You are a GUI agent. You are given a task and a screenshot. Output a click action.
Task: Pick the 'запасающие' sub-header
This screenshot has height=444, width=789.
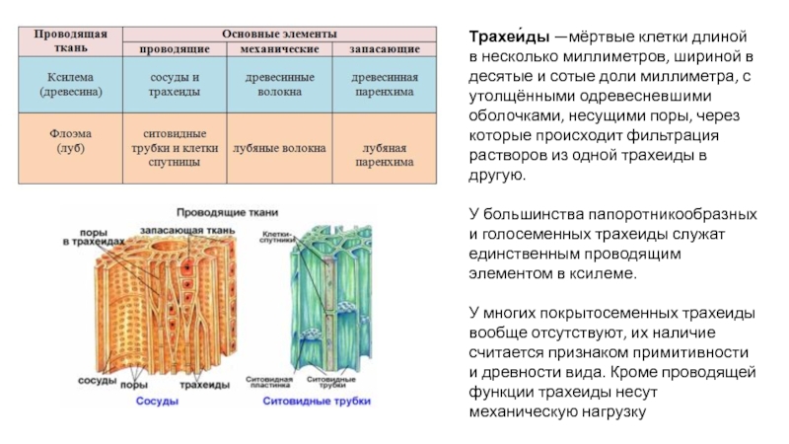pyautogui.click(x=385, y=48)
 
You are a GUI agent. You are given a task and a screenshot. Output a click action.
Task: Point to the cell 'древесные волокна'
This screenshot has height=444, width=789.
pyautogui.click(x=279, y=84)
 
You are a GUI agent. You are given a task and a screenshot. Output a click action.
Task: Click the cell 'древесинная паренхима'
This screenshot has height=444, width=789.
pyautogui.click(x=385, y=84)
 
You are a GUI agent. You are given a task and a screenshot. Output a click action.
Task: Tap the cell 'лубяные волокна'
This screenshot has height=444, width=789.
pyautogui.click(x=279, y=148)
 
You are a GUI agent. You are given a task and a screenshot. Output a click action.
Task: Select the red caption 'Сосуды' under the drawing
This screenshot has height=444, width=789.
pyautogui.click(x=156, y=402)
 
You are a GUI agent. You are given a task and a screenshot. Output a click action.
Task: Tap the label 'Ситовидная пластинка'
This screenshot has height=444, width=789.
pyautogui.click(x=281, y=382)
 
